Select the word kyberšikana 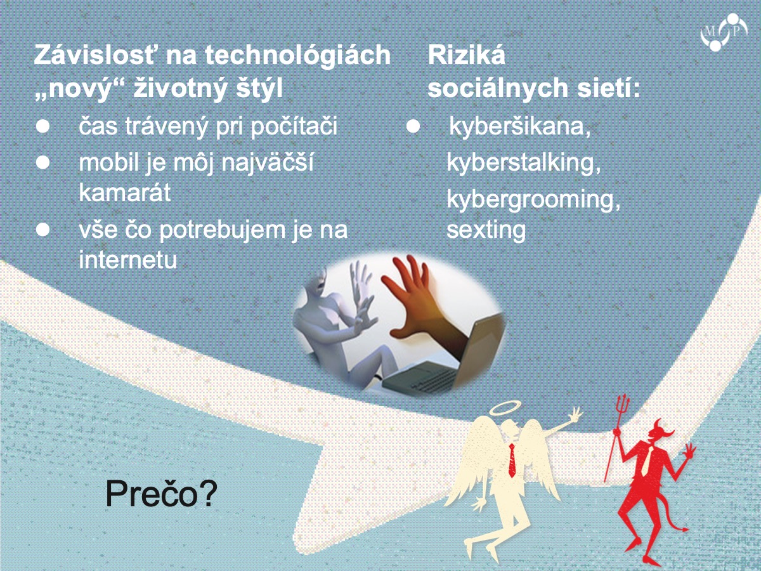pyautogui.click(x=519, y=126)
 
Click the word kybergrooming pyautogui.click(x=533, y=200)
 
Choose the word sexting pyautogui.click(x=486, y=230)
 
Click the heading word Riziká pyautogui.click(x=466, y=55)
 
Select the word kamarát pyautogui.click(x=125, y=192)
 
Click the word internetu pyautogui.click(x=128, y=259)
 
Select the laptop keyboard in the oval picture pyautogui.click(x=429, y=380)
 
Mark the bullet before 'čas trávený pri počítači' pyautogui.click(x=42, y=126)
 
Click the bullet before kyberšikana pyautogui.click(x=413, y=126)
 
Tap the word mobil pyautogui.click(x=108, y=162)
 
